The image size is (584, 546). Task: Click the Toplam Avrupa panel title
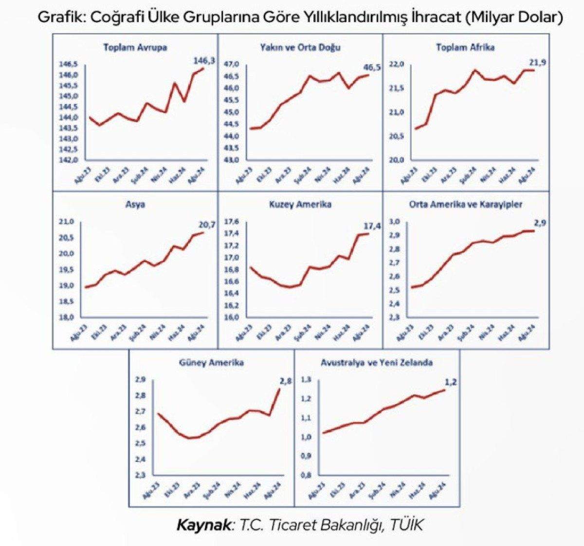[x=135, y=48]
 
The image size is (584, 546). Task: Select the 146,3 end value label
[x=204, y=61]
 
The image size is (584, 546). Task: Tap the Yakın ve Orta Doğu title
[x=300, y=48]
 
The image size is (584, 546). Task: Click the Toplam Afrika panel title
[x=465, y=48]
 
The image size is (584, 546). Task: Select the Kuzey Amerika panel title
[x=300, y=205]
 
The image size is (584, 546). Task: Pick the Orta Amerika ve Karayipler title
[x=465, y=205]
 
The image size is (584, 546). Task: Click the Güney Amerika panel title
[x=211, y=363]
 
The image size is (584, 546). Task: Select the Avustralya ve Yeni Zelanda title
[x=377, y=363]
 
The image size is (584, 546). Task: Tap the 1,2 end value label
[x=451, y=382]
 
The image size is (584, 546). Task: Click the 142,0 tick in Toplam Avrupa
[x=69, y=160]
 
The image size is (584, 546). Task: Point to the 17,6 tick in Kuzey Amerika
[x=231, y=222]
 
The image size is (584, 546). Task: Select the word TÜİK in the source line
[x=406, y=525]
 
